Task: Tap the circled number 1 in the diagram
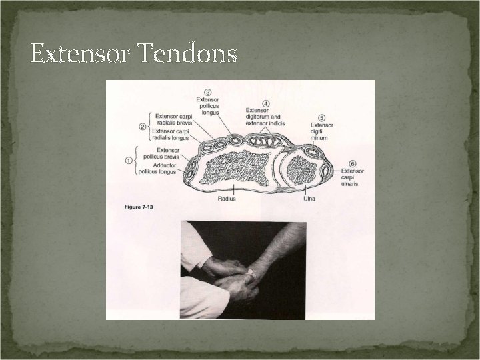129,160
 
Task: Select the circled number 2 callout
142,125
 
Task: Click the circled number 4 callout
266,103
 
